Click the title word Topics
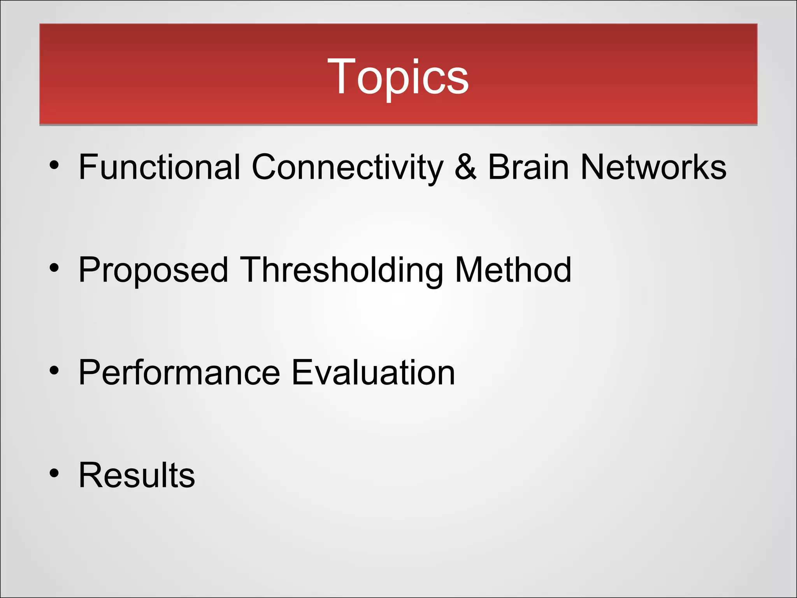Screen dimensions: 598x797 (x=398, y=77)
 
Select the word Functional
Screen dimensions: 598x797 (x=160, y=167)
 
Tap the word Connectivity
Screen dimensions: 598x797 (x=348, y=167)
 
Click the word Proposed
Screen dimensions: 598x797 (x=153, y=271)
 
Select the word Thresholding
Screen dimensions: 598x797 (x=342, y=271)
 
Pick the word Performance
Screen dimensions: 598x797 (x=179, y=373)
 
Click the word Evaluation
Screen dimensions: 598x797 (x=373, y=373)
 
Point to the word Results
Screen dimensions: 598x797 (x=137, y=475)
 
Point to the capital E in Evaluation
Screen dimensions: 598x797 (x=303, y=373)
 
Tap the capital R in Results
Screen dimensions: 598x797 (x=91, y=475)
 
